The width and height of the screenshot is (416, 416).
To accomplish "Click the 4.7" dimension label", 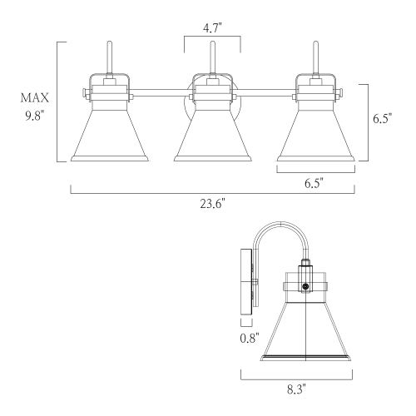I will pos(211,27).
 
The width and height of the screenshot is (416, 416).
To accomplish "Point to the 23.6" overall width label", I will pos(211,201).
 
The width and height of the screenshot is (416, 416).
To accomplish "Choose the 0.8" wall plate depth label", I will pos(248,338).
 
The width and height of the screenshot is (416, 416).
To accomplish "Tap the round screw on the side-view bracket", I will pos(305,287).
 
